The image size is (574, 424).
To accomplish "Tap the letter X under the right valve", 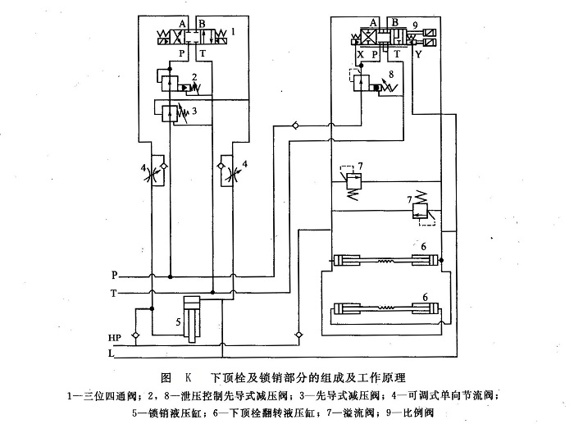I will [x=362, y=51].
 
